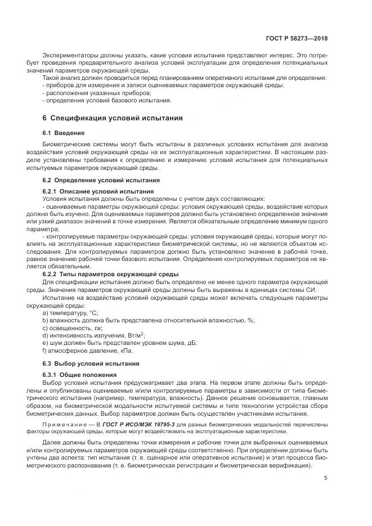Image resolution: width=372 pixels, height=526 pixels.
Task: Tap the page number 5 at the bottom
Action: tap(326, 479)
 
